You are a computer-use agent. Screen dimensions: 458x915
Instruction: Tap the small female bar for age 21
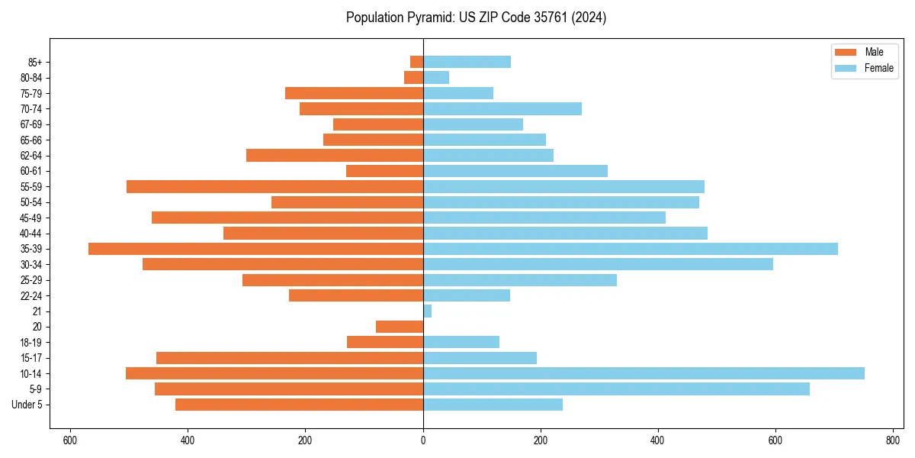pos(427,311)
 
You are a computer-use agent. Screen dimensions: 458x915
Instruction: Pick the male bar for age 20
pos(400,327)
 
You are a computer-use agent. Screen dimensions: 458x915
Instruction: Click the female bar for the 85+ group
pos(467,62)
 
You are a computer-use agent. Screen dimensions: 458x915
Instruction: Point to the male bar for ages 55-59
pos(274,186)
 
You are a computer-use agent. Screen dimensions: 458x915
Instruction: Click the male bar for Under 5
pos(299,405)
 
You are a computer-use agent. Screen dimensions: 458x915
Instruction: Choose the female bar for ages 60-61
pos(515,171)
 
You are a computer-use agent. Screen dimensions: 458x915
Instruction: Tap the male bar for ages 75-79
pos(354,93)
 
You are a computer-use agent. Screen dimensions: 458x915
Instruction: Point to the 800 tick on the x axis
pos(893,440)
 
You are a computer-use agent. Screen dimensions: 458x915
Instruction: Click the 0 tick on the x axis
pos(423,440)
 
